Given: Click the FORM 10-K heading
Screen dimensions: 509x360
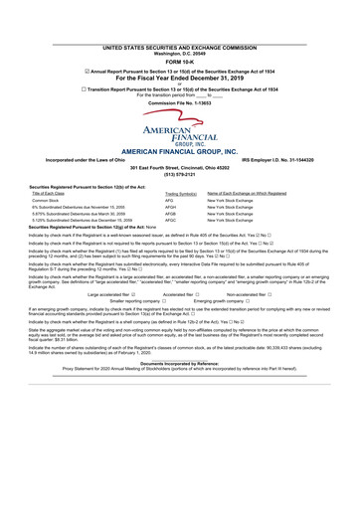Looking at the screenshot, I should (179, 34).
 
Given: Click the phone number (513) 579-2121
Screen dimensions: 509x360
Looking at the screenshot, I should (179, 174).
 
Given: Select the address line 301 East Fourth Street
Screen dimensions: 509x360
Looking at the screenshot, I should (179, 167).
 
